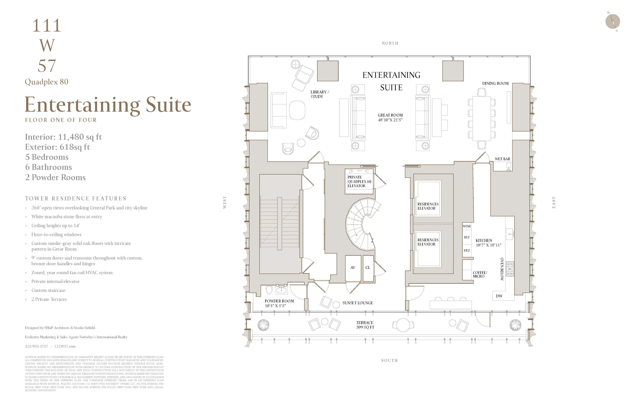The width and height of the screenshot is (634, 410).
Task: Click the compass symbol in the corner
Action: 613,21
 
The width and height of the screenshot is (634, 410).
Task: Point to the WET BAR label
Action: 502,159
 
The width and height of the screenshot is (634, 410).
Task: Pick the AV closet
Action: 353,268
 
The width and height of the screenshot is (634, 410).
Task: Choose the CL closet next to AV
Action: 368,268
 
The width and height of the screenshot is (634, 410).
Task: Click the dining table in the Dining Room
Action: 482,118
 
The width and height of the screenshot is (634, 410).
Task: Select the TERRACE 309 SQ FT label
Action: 365,325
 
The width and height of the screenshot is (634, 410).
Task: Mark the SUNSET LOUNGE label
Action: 357,303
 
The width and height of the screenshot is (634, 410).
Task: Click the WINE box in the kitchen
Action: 467,226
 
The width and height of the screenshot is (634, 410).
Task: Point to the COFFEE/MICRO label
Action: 480,274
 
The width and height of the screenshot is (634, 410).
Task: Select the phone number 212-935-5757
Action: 36,346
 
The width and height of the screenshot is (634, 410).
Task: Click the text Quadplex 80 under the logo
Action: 47,82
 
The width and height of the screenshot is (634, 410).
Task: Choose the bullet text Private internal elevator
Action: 55,281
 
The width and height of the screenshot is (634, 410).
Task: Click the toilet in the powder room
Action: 269,289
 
